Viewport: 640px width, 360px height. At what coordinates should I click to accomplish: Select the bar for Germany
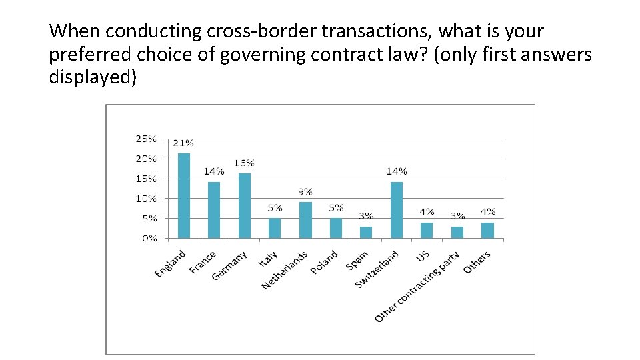click(x=245, y=205)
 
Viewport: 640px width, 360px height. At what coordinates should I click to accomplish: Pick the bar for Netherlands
click(x=305, y=219)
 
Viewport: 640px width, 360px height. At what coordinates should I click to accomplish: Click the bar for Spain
click(x=366, y=232)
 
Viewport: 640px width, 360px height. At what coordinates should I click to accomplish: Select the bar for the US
click(x=427, y=230)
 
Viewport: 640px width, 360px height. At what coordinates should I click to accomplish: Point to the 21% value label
click(x=183, y=143)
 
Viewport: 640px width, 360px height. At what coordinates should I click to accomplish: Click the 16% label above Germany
click(x=245, y=163)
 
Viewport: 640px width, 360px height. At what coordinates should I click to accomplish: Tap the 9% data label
click(x=305, y=191)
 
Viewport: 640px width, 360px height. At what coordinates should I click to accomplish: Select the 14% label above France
click(x=214, y=171)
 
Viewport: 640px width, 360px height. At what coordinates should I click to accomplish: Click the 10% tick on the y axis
click(x=146, y=198)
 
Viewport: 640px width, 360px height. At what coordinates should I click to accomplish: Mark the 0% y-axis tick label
click(x=149, y=238)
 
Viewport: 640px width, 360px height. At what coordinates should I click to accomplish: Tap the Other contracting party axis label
click(x=417, y=287)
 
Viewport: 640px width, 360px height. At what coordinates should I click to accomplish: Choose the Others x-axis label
click(x=477, y=261)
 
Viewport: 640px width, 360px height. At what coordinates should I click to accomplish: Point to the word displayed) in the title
click(x=93, y=77)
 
